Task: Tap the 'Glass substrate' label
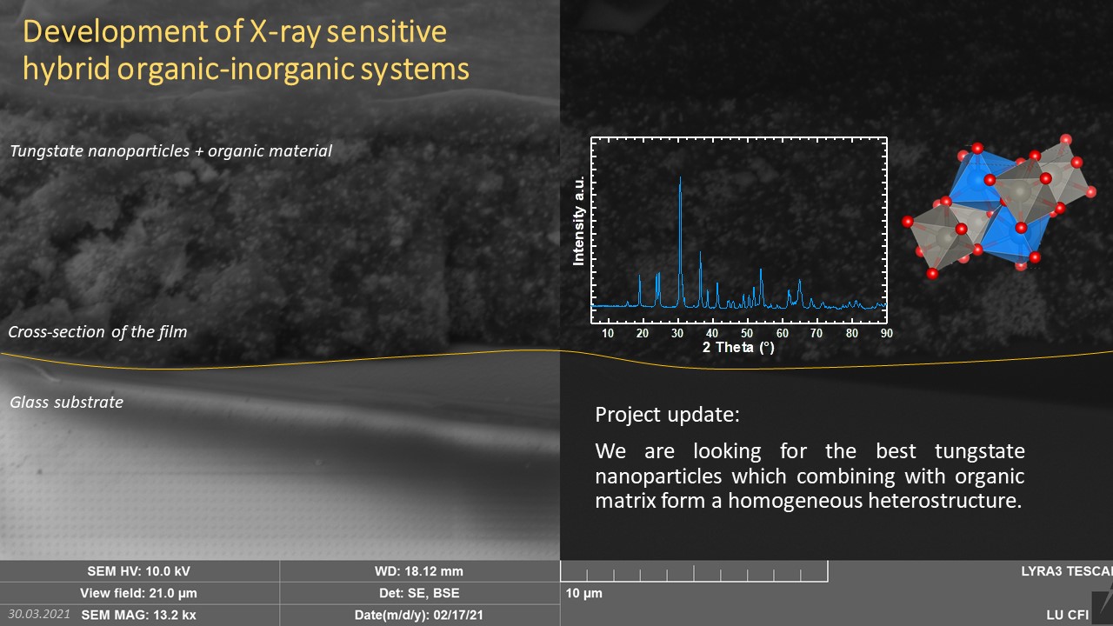[x=67, y=402]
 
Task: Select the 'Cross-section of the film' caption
[x=98, y=331]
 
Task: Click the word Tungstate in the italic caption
[x=46, y=151]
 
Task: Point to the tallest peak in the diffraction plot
[x=680, y=178]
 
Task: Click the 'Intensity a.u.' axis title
[x=578, y=221]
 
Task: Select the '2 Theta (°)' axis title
[x=738, y=347]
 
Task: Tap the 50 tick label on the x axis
[x=747, y=333]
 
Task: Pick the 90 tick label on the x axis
[x=886, y=333]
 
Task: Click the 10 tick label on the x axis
[x=608, y=333]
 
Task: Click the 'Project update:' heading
[x=667, y=415]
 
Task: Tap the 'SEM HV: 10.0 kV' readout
[x=138, y=571]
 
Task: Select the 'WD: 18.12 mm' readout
[x=419, y=571]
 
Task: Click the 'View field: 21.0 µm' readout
[x=138, y=593]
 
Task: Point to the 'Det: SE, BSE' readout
[x=419, y=593]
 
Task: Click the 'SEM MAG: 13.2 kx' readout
[x=138, y=615]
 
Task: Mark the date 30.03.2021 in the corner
[x=39, y=614]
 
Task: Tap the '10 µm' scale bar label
[x=583, y=593]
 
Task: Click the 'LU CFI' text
[x=1067, y=615]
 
